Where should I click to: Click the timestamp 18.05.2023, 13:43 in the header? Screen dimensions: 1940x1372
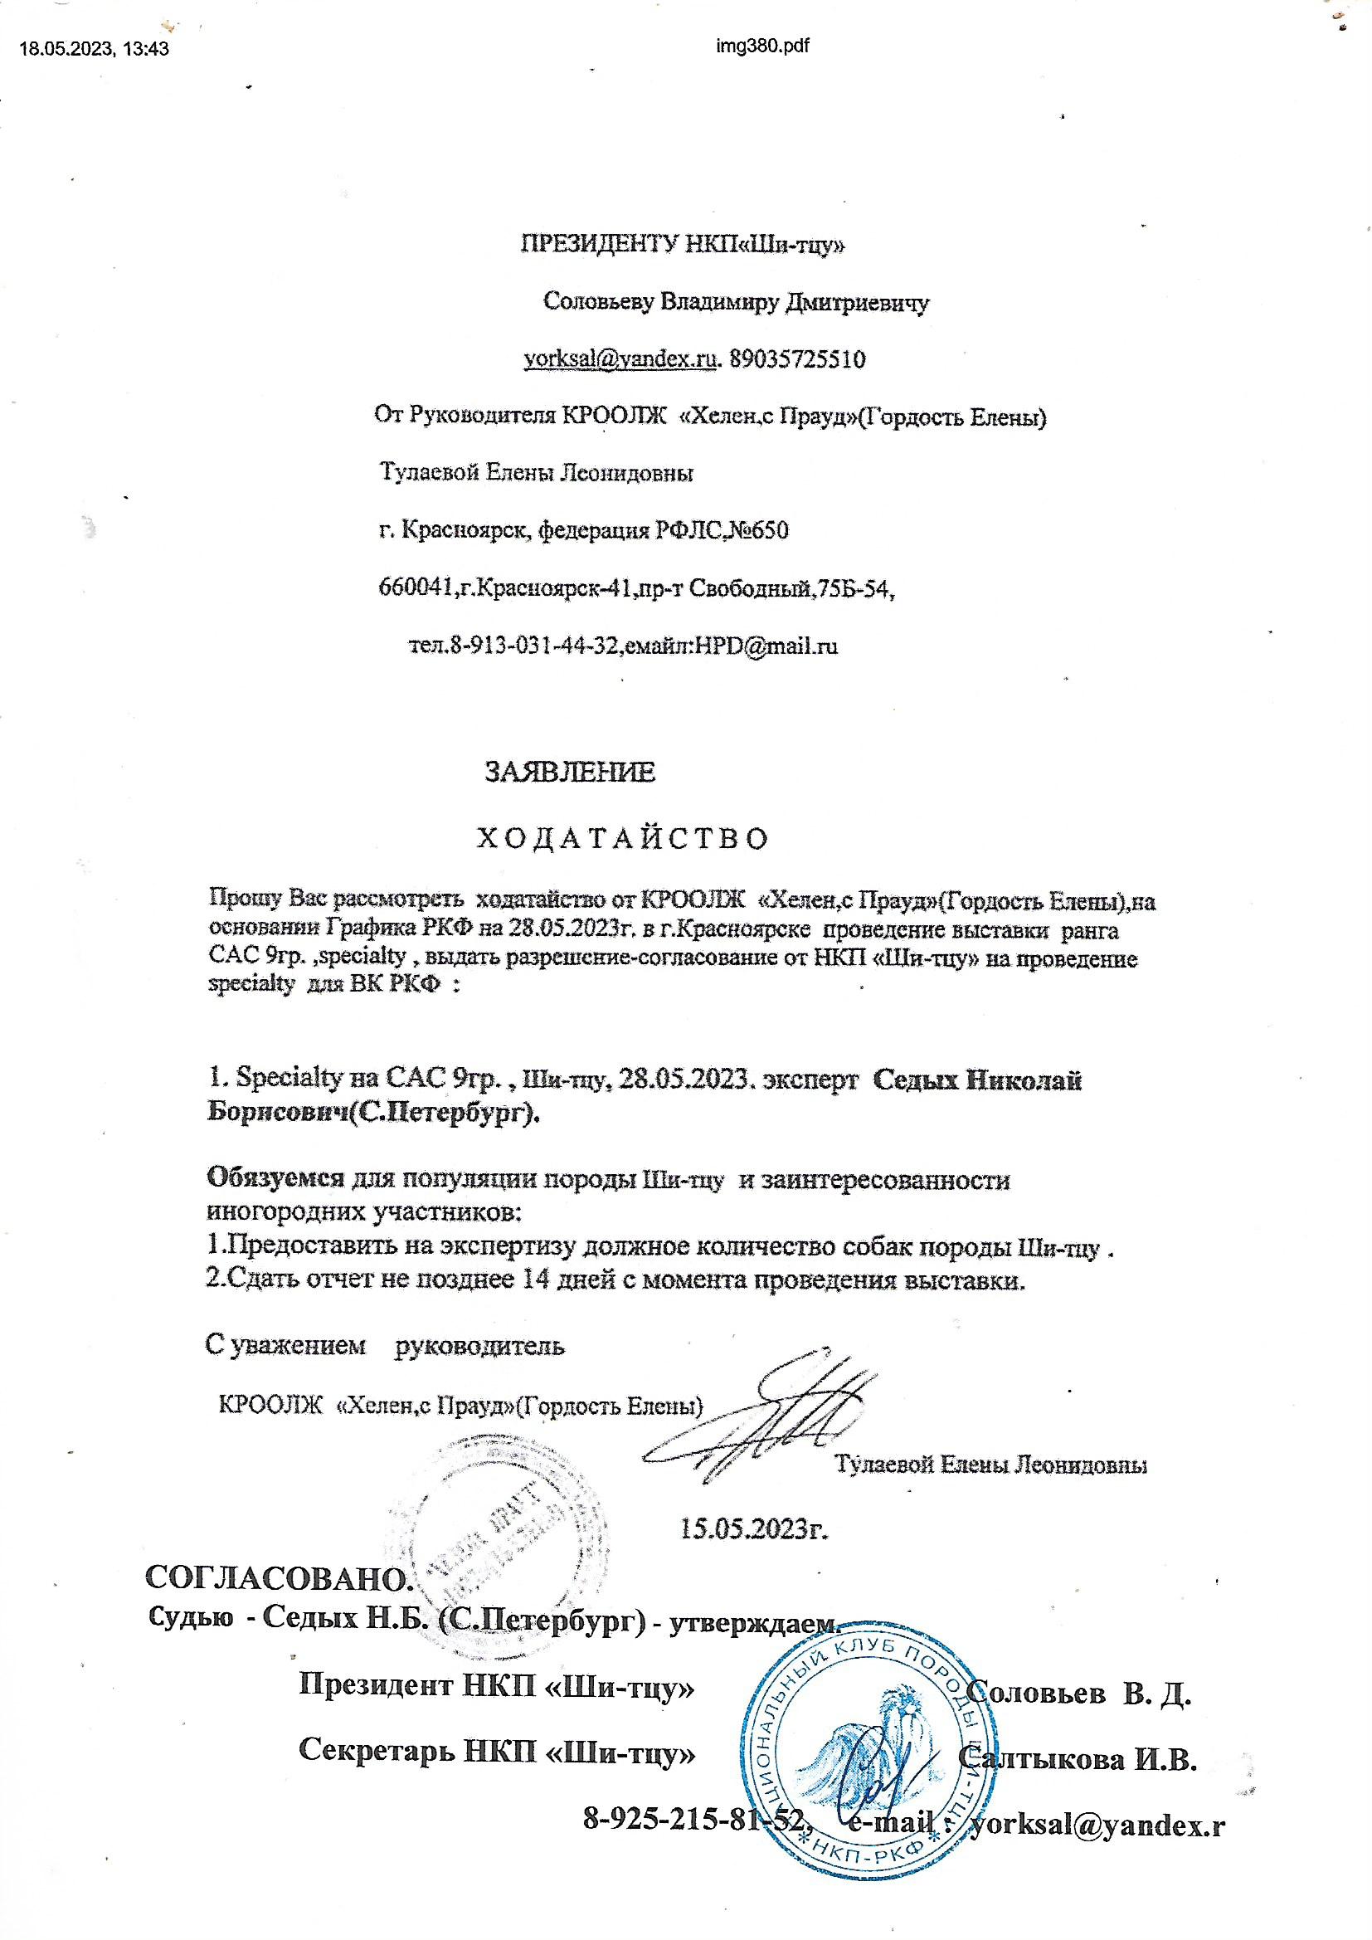coord(94,49)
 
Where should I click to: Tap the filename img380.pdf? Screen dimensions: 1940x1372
coord(761,46)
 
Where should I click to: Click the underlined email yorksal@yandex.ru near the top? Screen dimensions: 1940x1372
coord(620,360)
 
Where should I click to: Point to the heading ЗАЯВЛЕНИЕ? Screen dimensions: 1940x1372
coord(569,772)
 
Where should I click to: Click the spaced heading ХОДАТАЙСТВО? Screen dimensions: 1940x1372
coord(624,837)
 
